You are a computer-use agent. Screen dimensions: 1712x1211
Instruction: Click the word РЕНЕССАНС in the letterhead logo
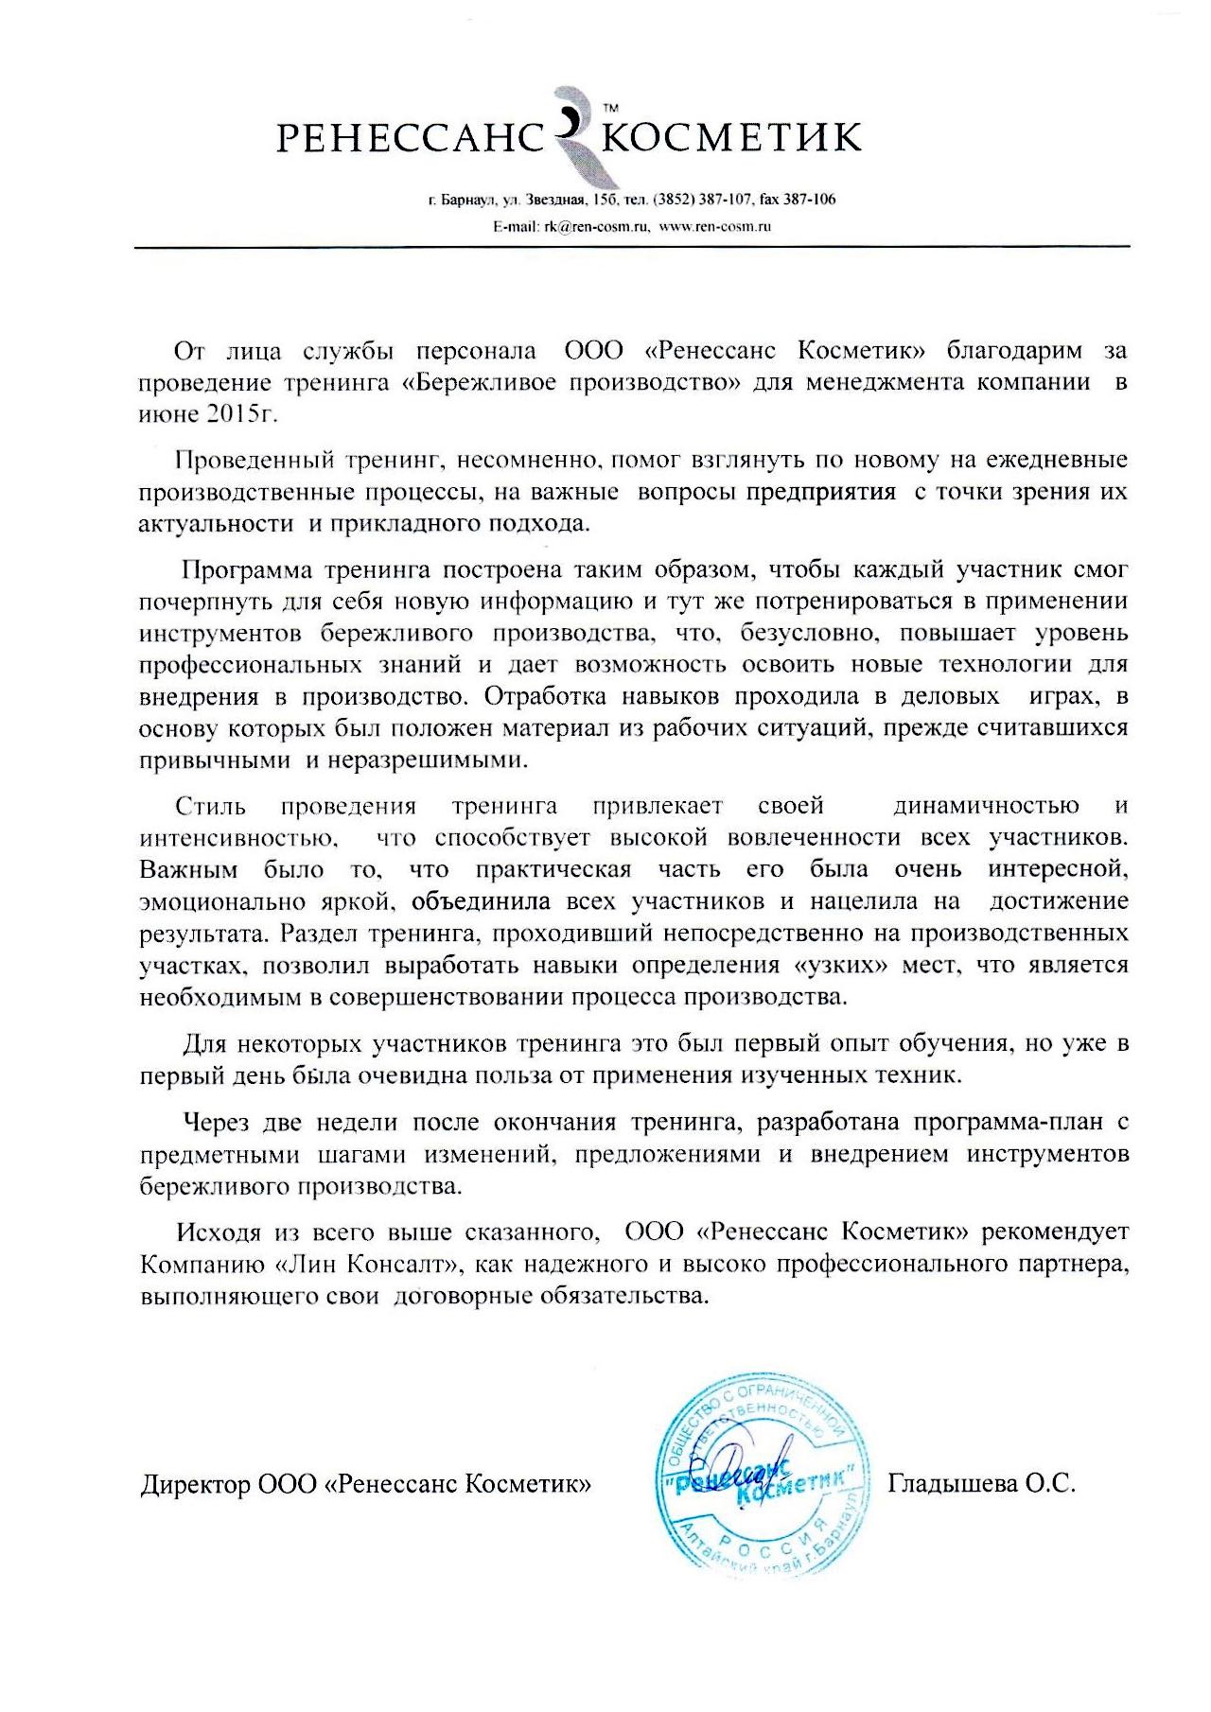(407, 139)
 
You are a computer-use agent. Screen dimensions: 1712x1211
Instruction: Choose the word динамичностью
(986, 806)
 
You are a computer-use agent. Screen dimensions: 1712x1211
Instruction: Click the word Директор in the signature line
(195, 1484)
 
